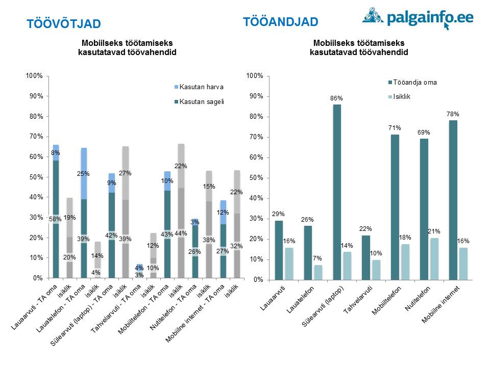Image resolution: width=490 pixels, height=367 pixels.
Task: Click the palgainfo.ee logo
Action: [x=418, y=19]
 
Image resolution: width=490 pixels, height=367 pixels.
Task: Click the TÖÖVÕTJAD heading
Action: [x=64, y=24]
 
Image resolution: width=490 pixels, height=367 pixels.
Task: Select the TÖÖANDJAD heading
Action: [x=281, y=22]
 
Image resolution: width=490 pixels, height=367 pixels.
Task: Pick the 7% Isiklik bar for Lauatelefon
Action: [x=318, y=272]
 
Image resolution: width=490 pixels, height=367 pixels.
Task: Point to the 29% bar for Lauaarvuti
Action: [x=279, y=250]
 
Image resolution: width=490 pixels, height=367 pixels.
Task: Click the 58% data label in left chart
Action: [x=56, y=219]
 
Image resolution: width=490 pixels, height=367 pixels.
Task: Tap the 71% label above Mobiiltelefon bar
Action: [x=395, y=128]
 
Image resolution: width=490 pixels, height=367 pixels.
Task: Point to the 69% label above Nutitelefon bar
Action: [x=423, y=132]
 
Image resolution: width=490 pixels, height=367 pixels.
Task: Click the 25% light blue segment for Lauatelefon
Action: [x=84, y=173]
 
